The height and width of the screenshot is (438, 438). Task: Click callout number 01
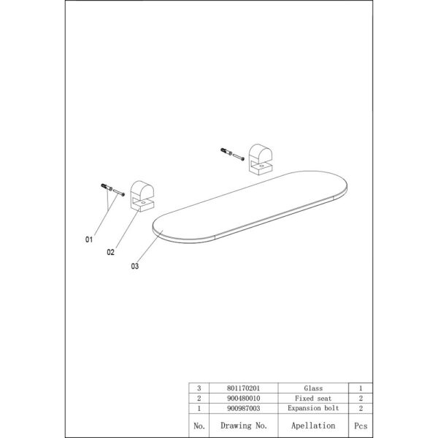[x=89, y=239]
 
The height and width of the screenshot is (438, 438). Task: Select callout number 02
[x=111, y=253]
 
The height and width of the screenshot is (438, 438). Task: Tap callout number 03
[x=135, y=266]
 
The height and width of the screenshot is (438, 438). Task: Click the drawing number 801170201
[x=243, y=388]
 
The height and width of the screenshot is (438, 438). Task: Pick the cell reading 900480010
[x=243, y=398]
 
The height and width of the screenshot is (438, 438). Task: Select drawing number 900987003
[x=243, y=408]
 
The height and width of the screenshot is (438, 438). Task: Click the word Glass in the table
[x=313, y=388]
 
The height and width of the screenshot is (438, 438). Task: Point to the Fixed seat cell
[x=313, y=398]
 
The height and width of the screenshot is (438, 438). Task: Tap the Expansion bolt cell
[x=313, y=408]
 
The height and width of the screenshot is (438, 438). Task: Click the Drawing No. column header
[x=244, y=426]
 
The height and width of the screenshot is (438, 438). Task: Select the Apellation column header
[x=313, y=426]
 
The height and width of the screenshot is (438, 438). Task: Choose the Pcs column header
[x=361, y=426]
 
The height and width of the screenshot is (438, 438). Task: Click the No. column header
[x=199, y=426]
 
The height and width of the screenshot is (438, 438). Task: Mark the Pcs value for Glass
[x=361, y=388]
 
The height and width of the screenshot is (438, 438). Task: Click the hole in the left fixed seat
[x=143, y=202]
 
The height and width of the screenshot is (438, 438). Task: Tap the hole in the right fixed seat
[x=261, y=166]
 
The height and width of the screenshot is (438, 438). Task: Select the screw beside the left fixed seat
[x=119, y=193]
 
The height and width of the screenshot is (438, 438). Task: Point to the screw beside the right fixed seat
[x=238, y=157]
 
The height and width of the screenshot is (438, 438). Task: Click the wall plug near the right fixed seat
[x=226, y=152]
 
